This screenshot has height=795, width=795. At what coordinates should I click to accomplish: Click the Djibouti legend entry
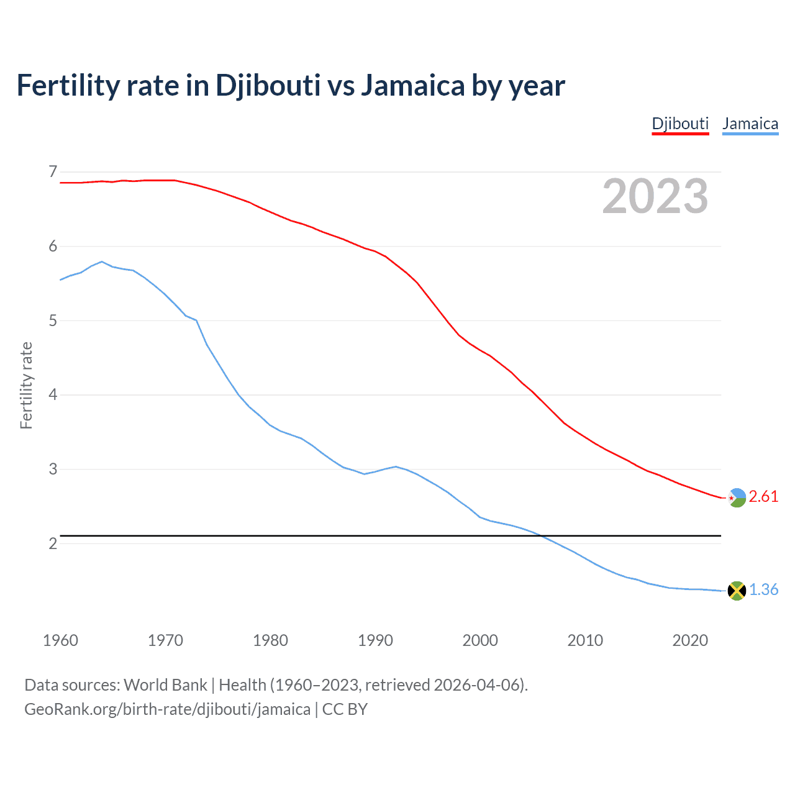[x=680, y=124]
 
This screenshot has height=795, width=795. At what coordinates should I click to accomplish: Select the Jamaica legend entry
[x=750, y=124]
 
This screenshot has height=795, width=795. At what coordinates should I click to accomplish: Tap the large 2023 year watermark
[x=655, y=196]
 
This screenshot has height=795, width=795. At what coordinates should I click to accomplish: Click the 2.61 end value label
[x=763, y=497]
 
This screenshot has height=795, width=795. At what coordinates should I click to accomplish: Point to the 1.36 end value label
[x=763, y=590]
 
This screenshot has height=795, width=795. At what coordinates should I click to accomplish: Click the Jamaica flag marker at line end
[x=737, y=591]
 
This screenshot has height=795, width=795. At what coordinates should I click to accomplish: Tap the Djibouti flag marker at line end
[x=737, y=497]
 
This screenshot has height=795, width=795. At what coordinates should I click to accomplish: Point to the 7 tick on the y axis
[x=53, y=171]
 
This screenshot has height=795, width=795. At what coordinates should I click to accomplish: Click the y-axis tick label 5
[x=53, y=320]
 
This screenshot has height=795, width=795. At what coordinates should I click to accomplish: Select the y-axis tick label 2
[x=53, y=543]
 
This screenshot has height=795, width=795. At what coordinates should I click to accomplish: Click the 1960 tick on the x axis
[x=60, y=640]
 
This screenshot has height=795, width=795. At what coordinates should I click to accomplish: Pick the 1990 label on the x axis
[x=375, y=640]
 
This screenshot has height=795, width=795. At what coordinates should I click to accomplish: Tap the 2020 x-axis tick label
[x=690, y=640]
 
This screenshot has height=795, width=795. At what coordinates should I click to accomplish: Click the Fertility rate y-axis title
[x=26, y=385]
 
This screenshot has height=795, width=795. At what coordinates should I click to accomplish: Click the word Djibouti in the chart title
[x=268, y=85]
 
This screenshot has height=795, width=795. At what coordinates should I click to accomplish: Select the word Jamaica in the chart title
[x=412, y=85]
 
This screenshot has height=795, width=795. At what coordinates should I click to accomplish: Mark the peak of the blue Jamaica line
[x=102, y=261]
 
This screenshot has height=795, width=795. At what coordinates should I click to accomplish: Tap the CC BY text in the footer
[x=345, y=709]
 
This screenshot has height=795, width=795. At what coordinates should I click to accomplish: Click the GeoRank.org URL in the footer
[x=167, y=709]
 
